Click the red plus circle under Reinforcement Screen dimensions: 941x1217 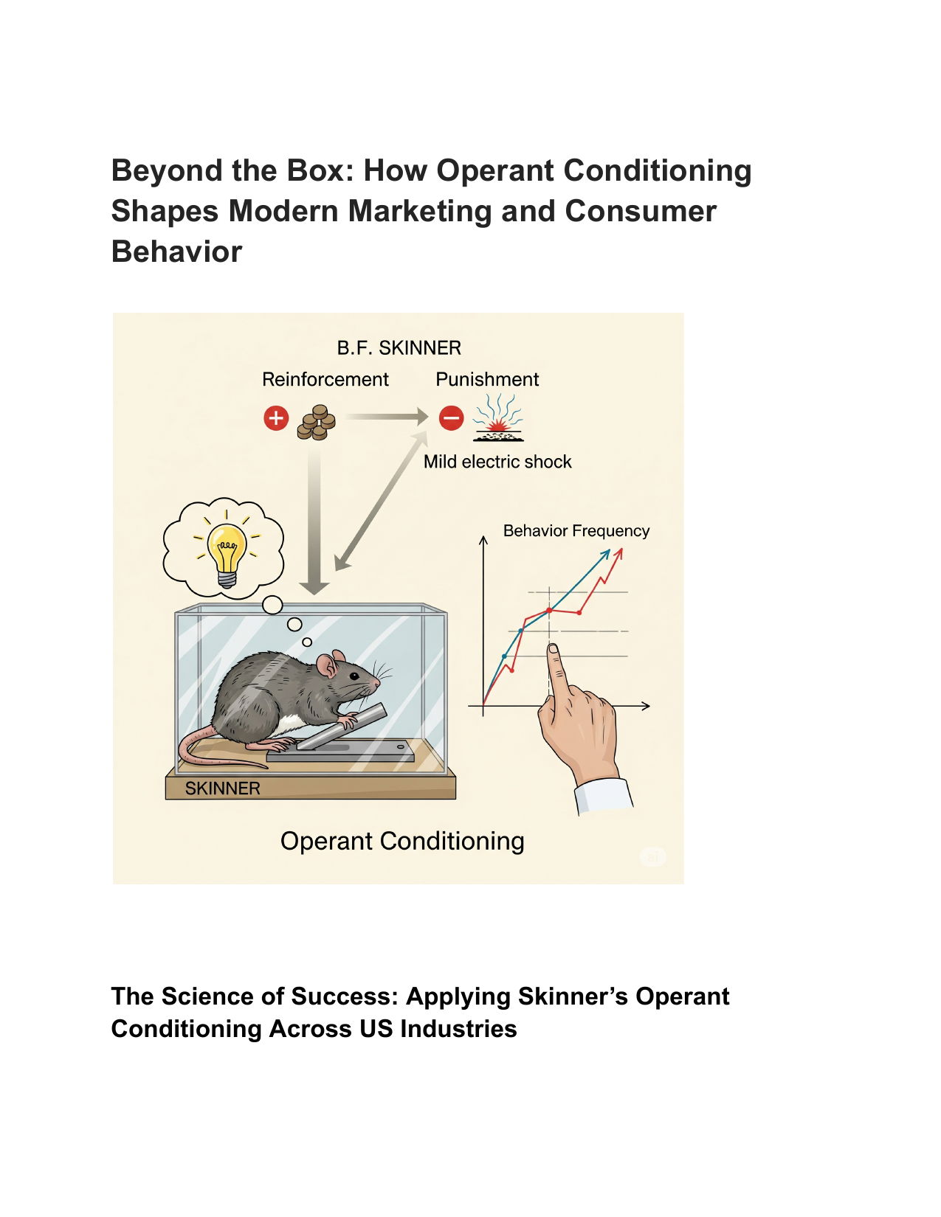click(276, 418)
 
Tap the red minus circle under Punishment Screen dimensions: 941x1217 click(451, 417)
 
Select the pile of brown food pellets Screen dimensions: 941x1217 click(317, 423)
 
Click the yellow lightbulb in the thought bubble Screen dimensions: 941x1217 click(227, 555)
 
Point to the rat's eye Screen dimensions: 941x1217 click(354, 676)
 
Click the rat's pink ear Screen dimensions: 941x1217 click(327, 666)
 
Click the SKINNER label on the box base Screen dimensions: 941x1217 click(222, 788)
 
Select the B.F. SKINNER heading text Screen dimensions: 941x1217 click(399, 348)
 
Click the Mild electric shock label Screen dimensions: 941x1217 click(497, 462)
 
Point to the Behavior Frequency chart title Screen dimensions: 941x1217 click(576, 530)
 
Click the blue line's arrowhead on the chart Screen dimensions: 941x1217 click(606, 553)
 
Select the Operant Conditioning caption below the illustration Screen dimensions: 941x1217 click(401, 841)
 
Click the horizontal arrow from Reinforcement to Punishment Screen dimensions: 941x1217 click(387, 417)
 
